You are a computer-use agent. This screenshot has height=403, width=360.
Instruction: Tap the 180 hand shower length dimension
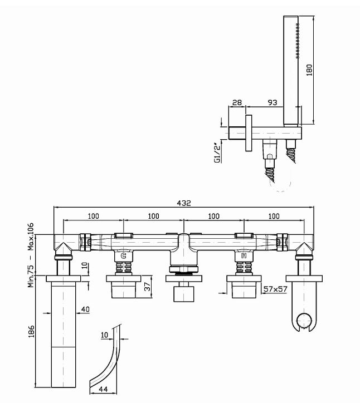pos(310,69)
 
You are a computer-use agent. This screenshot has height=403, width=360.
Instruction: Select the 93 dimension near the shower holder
pos(273,103)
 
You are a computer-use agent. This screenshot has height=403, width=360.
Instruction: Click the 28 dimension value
pos(236,103)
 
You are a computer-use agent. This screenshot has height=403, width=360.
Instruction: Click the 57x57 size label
pos(275,289)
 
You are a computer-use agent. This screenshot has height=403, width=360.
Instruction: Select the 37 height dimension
pos(147,287)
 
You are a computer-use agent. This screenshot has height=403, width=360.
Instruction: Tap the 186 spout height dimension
pos(31,333)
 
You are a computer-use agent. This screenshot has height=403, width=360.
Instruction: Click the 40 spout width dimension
pos(85,310)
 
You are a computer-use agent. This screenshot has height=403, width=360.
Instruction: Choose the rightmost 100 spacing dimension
pos(273,216)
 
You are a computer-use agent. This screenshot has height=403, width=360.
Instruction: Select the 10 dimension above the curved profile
pos(104,336)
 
